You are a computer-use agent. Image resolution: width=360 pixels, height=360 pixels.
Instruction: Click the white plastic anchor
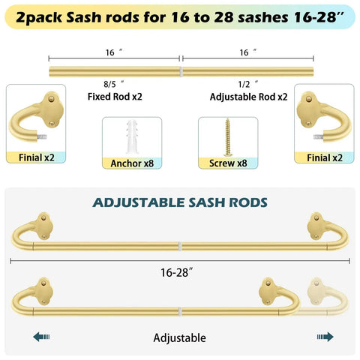(x=132, y=136)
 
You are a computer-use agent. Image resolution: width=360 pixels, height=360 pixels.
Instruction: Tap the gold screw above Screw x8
(x=228, y=137)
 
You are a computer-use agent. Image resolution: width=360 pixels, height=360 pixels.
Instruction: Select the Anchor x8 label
(x=132, y=163)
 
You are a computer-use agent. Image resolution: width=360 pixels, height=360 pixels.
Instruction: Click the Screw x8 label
(x=228, y=163)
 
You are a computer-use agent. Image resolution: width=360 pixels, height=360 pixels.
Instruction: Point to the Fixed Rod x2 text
(x=115, y=97)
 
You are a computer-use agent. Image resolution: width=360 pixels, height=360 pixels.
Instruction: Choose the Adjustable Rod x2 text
(x=248, y=97)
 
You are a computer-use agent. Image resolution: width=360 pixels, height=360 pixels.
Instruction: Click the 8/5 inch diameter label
(x=114, y=84)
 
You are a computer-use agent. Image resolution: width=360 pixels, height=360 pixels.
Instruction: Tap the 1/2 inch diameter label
(x=248, y=84)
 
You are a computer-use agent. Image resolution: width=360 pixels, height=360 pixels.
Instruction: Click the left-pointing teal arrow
(x=41, y=337)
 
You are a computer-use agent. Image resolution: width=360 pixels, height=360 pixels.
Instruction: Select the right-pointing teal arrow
(x=325, y=337)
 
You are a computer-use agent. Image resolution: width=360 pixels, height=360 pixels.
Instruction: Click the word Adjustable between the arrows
(x=179, y=337)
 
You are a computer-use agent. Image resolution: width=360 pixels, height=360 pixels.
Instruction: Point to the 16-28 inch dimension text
(x=177, y=272)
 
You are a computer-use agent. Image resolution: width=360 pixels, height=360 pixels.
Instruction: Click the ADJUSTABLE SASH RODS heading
(x=180, y=202)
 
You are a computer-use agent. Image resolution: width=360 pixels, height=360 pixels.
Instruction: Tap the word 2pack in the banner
(x=39, y=18)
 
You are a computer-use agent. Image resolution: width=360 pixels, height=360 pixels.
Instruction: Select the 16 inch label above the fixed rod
(x=114, y=52)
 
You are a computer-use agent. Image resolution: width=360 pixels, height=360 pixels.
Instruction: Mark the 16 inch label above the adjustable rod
(x=247, y=52)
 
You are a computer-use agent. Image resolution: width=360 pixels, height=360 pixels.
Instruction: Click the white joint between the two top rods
(x=181, y=72)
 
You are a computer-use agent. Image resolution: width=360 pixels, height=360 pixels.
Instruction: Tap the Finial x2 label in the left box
(x=37, y=157)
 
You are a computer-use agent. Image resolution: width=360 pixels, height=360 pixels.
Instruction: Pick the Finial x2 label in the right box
(x=325, y=158)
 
